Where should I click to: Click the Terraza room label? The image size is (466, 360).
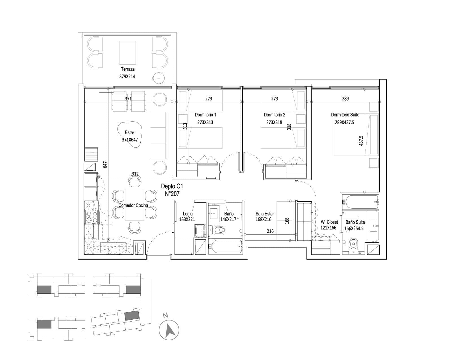128,69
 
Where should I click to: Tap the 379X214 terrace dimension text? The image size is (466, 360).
127,76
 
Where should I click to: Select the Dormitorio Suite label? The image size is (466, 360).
345,115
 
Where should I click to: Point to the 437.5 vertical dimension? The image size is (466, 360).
361,141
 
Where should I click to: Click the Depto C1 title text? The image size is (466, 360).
172,186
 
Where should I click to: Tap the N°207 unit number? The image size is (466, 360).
172,194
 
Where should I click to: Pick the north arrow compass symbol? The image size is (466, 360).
169,330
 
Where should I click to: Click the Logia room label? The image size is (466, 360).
188,213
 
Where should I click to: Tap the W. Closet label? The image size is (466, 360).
329,222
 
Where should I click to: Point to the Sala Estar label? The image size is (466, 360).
265,213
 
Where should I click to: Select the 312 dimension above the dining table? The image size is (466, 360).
135,174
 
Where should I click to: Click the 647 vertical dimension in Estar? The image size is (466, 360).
105,164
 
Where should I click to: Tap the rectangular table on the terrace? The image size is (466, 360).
127,53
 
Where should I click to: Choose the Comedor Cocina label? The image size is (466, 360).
133,205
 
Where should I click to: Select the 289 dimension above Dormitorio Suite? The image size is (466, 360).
345,99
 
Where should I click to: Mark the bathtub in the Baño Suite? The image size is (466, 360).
360,202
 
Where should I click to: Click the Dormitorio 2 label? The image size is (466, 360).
275,115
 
